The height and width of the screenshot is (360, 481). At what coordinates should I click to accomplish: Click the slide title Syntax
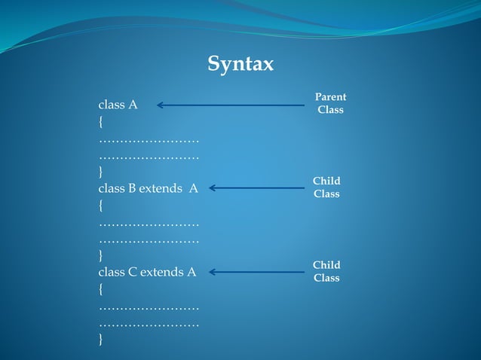240,65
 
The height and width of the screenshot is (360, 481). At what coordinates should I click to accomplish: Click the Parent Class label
330,103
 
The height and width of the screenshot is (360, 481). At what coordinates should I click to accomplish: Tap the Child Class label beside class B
326,188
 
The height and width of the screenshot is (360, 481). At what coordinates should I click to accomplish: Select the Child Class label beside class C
326,271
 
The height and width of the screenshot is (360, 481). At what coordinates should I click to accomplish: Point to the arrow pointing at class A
230,105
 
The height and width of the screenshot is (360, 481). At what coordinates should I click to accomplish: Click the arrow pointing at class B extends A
256,188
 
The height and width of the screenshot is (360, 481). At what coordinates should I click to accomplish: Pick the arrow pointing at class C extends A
256,272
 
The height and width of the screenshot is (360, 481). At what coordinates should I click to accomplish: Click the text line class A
118,105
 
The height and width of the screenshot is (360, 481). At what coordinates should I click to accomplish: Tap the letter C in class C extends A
131,273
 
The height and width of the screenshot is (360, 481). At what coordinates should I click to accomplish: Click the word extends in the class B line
161,189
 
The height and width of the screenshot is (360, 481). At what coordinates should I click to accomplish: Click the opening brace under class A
100,122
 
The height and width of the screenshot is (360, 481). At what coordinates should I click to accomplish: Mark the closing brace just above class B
100,172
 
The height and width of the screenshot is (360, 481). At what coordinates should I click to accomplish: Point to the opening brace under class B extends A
100,206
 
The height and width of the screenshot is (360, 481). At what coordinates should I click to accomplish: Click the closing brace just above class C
100,256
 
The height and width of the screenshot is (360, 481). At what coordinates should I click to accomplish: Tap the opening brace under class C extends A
100,289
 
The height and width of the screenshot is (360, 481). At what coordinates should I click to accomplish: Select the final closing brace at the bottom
100,340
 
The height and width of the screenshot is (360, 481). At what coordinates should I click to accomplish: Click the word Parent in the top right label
330,97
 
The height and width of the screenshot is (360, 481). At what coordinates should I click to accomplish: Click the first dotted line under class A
149,141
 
